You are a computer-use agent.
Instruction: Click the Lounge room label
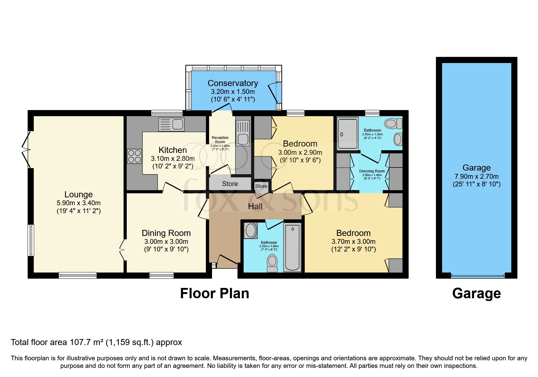pyautogui.click(x=78, y=195)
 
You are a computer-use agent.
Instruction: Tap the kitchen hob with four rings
pyautogui.click(x=134, y=156)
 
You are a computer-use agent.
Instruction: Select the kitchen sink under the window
pyautogui.click(x=171, y=124)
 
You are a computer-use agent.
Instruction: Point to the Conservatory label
pyautogui.click(x=233, y=83)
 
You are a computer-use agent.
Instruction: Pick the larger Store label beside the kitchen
pyautogui.click(x=230, y=184)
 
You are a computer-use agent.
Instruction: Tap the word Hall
pyautogui.click(x=255, y=206)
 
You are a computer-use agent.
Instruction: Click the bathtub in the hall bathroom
pyautogui.click(x=292, y=247)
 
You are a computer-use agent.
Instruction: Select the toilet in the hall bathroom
pyautogui.click(x=272, y=263)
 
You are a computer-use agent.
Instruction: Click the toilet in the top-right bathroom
pyautogui.click(x=393, y=123)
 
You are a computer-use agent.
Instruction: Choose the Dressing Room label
pyautogui.click(x=372, y=171)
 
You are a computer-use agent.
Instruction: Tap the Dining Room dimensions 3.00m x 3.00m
pyautogui.click(x=166, y=242)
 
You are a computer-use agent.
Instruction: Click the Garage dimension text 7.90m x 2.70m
pyautogui.click(x=476, y=177)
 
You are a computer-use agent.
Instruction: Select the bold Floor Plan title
pyautogui.click(x=214, y=294)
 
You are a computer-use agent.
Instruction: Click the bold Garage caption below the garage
pyautogui.click(x=476, y=294)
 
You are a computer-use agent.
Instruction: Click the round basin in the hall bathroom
pyautogui.click(x=251, y=230)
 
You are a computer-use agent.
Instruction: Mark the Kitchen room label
pyautogui.click(x=173, y=150)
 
